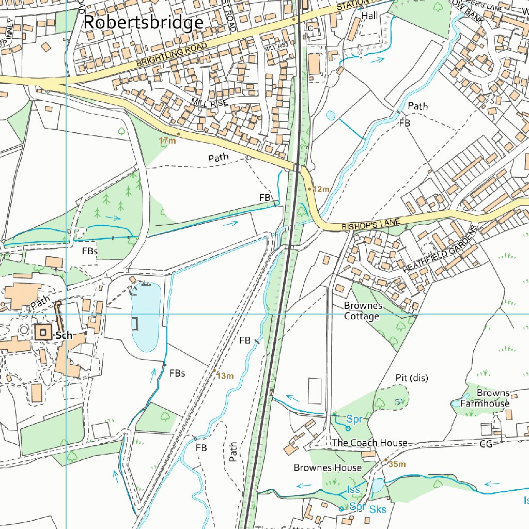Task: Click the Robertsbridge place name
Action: point(143,23)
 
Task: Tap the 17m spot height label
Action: point(167,141)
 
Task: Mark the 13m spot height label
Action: point(225,376)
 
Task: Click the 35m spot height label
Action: point(397,464)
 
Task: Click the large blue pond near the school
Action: point(146,317)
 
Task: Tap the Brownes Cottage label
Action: point(362,310)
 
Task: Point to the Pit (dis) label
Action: point(412,378)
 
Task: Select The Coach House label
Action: point(369,443)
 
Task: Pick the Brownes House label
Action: point(328,468)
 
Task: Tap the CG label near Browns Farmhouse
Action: point(486,443)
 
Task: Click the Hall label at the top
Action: point(369,16)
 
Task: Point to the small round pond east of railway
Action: point(331,116)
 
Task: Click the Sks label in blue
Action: point(378,509)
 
